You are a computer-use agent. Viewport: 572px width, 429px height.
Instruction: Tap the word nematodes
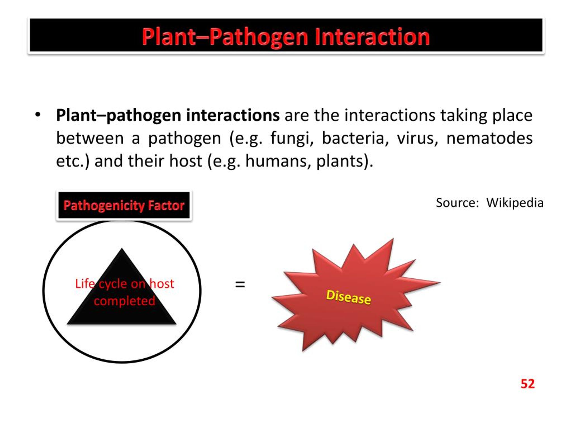(x=489, y=138)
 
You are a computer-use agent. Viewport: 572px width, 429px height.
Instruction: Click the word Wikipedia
(x=515, y=203)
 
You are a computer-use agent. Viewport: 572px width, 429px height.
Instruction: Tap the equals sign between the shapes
(x=240, y=285)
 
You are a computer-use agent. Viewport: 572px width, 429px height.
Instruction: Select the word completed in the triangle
(x=124, y=301)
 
